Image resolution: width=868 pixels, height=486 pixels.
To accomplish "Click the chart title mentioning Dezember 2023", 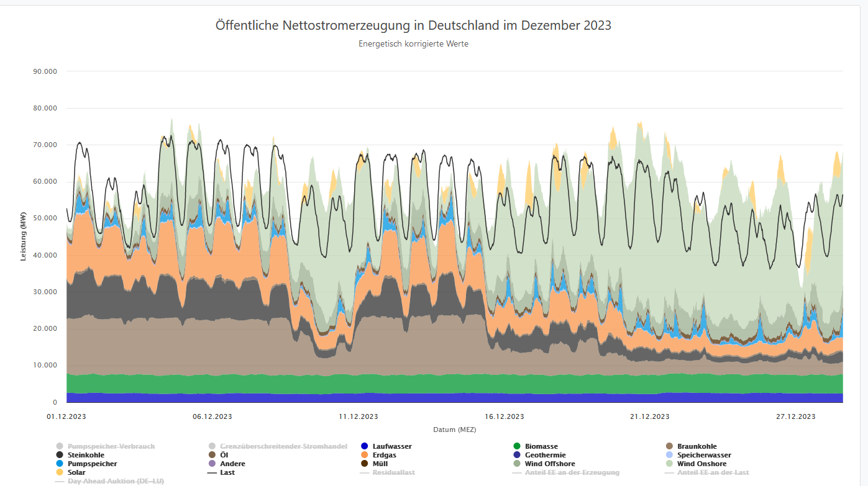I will [x=413, y=25].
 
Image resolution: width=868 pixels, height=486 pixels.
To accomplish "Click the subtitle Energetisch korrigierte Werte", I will [x=413, y=44].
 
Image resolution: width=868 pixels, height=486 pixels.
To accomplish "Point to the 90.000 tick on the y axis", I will [x=45, y=71].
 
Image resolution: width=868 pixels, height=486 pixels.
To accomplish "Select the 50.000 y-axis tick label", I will [x=45, y=218].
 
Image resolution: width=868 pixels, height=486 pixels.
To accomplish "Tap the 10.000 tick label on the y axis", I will [x=45, y=366].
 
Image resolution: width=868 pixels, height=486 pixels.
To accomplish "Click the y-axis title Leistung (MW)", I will [x=24, y=237].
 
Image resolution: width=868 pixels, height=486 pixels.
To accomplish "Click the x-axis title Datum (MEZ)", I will [x=454, y=430].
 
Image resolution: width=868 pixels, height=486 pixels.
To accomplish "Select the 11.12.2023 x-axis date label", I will [x=359, y=416].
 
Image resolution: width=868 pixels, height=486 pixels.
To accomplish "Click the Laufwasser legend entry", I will [x=392, y=446].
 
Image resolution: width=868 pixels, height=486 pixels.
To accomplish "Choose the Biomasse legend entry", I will [x=541, y=446].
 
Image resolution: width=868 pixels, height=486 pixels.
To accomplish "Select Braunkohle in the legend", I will [x=697, y=446].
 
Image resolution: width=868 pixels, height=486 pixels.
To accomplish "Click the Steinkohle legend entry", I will [x=86, y=455].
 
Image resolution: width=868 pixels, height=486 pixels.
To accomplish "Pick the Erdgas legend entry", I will [x=385, y=455].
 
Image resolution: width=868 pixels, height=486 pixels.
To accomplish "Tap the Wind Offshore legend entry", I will [x=550, y=464].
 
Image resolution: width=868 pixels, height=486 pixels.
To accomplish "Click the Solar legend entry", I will [x=76, y=472].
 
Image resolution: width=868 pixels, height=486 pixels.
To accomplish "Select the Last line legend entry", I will [x=227, y=472].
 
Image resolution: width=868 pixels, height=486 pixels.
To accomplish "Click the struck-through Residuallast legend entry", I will [x=393, y=472].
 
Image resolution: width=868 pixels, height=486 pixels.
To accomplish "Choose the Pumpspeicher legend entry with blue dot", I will [x=92, y=464].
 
